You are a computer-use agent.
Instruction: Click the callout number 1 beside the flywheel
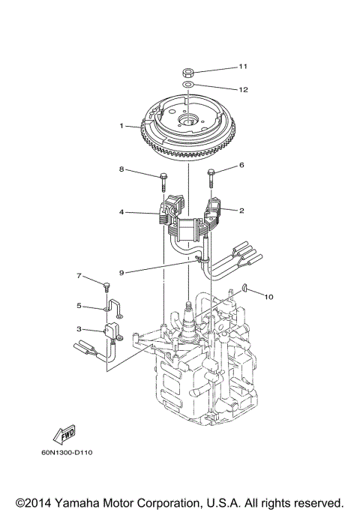[x=121, y=126]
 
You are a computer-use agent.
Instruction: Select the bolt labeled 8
[x=163, y=181]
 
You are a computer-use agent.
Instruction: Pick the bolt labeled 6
[x=211, y=178]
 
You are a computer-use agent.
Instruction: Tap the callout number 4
[x=121, y=212]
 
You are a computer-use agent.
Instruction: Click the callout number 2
[x=241, y=211]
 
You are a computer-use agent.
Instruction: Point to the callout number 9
[x=121, y=271]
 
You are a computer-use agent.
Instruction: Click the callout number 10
[x=268, y=297]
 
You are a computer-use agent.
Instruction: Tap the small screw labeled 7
[x=106, y=286]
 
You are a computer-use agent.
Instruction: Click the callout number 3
[x=79, y=328]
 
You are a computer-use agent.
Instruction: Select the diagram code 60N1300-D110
[x=72, y=452]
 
